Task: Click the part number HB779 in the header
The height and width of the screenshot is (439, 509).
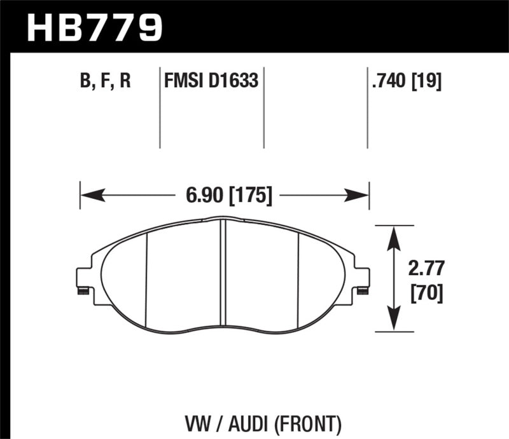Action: point(94,27)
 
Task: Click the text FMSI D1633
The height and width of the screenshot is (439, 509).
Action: point(211,82)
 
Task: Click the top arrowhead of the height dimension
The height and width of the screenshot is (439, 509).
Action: point(394,236)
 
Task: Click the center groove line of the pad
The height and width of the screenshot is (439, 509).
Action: point(222,273)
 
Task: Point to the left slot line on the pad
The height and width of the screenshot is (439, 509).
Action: point(146,280)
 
